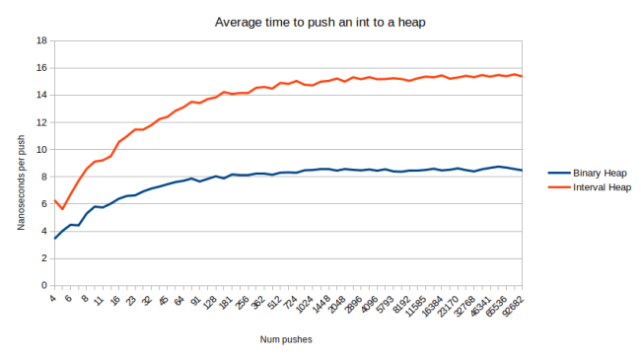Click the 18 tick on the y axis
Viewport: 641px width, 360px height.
(x=41, y=41)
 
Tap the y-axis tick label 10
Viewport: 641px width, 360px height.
(x=41, y=150)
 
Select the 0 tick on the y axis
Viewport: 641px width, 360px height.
(x=44, y=285)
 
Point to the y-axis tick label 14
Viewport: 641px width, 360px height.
(x=41, y=96)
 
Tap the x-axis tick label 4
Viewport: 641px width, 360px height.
(x=52, y=296)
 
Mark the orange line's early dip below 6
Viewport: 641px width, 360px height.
(x=62, y=209)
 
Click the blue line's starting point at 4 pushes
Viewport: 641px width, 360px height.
(x=54, y=238)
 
